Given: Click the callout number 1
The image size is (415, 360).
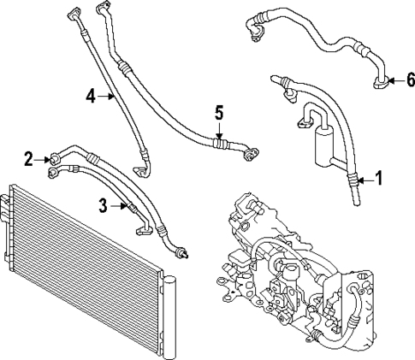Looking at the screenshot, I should point(379,180).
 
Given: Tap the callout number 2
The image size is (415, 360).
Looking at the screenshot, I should point(28,157).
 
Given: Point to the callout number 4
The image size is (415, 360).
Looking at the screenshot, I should point(91,97).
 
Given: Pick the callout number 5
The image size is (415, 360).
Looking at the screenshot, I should point(219,111).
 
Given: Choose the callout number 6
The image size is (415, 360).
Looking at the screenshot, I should point(410,80).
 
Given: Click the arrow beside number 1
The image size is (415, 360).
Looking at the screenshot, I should point(364,180).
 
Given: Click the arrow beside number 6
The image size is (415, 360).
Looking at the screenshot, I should point(393,80).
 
